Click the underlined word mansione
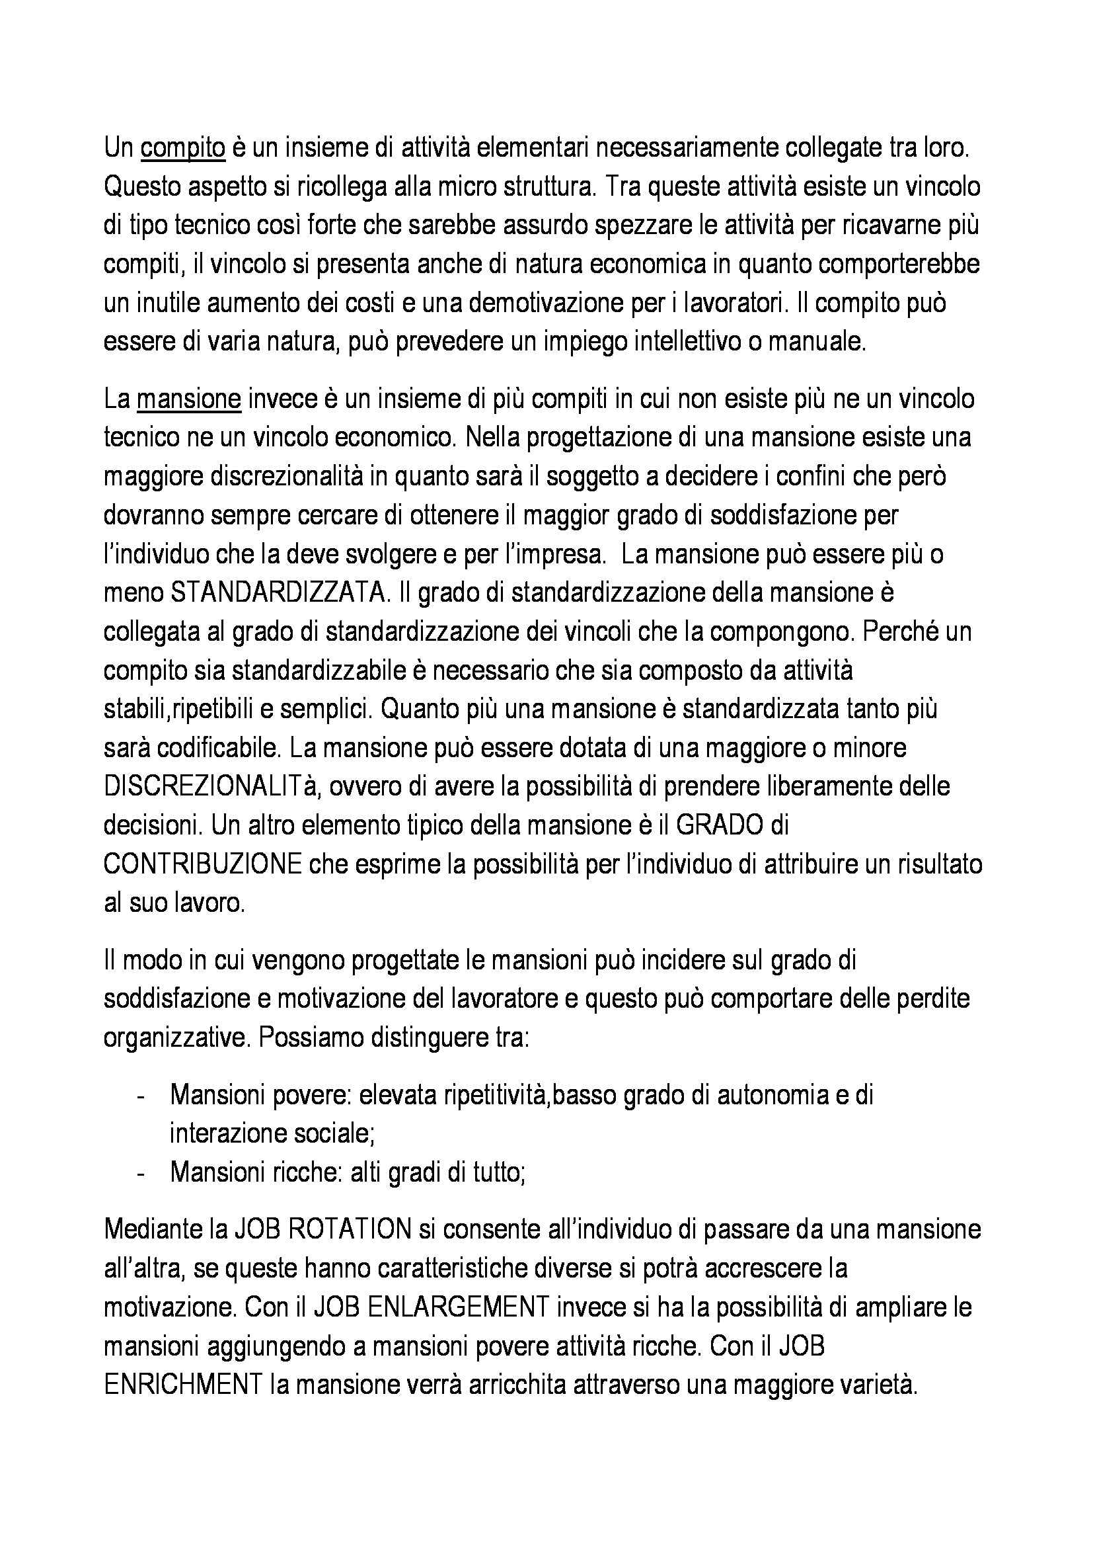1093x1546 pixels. tap(188, 399)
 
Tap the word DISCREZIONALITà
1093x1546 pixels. tap(207, 787)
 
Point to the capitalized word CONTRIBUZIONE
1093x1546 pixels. tap(203, 864)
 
